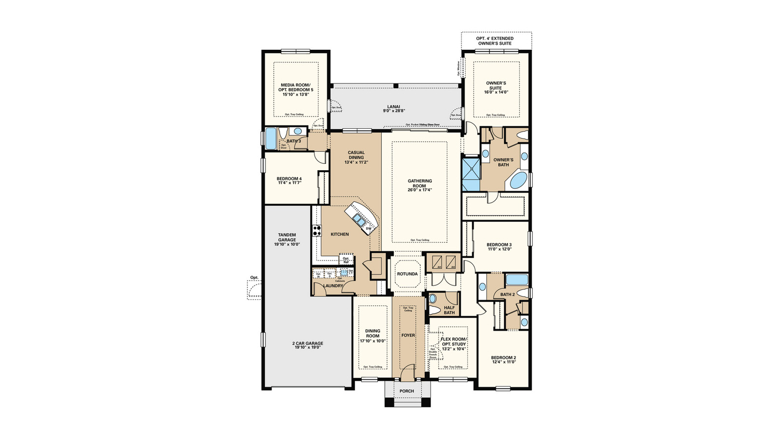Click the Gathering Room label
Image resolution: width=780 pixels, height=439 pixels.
click(x=419, y=183)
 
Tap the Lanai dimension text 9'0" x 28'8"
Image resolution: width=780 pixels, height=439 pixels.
click(x=394, y=111)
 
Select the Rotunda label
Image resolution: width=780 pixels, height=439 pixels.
click(x=407, y=274)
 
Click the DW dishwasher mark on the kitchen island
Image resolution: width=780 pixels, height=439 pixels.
click(x=369, y=228)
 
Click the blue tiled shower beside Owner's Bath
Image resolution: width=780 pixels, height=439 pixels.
click(x=471, y=174)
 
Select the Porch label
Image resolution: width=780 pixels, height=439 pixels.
click(x=407, y=391)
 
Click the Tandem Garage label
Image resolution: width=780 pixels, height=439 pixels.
click(x=287, y=238)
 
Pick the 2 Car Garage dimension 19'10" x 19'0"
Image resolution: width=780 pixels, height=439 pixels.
click(x=308, y=348)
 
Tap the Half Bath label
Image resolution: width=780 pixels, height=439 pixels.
click(x=449, y=310)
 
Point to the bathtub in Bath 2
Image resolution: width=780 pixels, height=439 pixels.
click(x=517, y=279)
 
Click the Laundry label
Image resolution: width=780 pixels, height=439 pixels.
click(x=333, y=286)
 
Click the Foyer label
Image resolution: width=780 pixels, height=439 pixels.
click(x=408, y=336)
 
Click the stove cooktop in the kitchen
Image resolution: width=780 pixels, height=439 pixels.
click(x=317, y=230)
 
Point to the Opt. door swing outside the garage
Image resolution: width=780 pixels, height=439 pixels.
click(x=254, y=291)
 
